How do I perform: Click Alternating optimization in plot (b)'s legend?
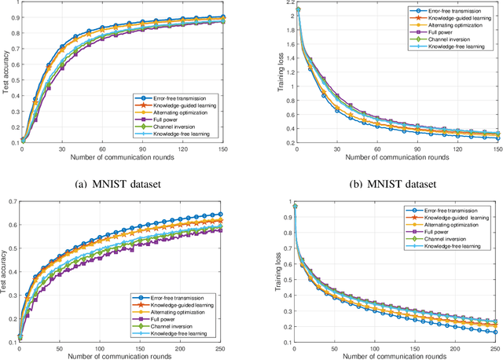click(x=442, y=25)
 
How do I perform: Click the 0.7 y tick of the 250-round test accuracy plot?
click(x=9, y=202)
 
